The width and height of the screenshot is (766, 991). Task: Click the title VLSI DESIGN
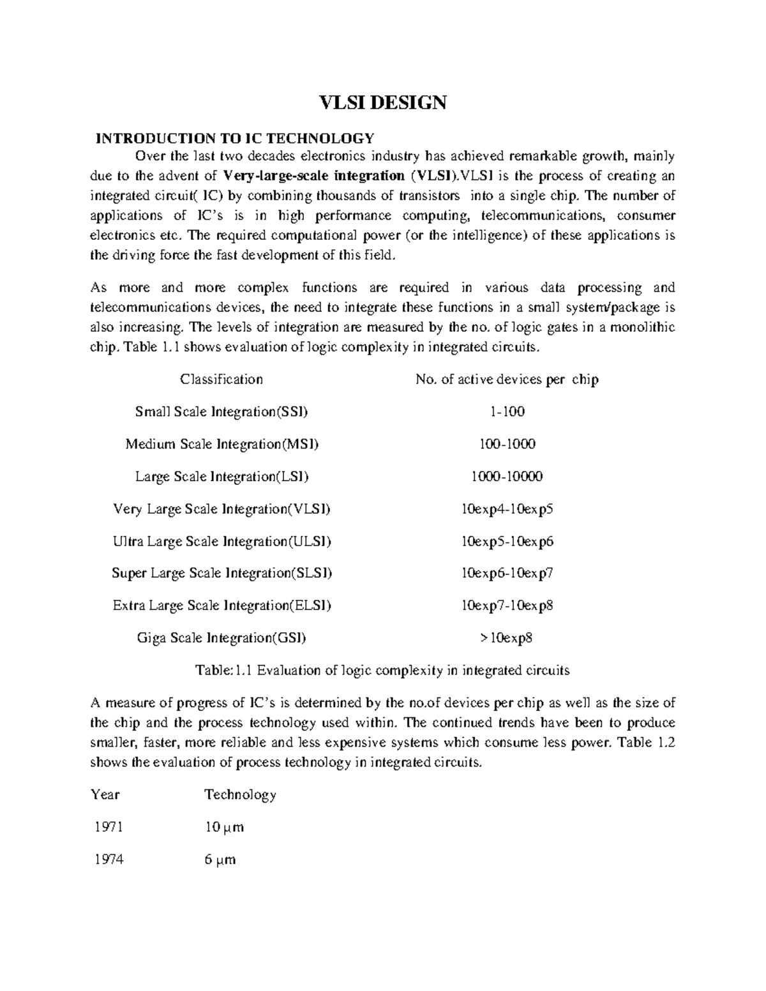tap(382, 103)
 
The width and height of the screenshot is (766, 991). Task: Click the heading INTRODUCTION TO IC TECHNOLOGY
tap(234, 138)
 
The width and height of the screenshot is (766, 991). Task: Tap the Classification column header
tap(222, 380)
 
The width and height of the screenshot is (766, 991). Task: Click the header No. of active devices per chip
tap(507, 380)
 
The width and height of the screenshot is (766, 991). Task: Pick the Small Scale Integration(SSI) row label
tap(222, 412)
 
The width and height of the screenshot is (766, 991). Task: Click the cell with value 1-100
tap(507, 412)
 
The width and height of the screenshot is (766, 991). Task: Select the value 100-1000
tap(507, 444)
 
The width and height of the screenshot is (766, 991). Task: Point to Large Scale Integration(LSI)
tap(222, 477)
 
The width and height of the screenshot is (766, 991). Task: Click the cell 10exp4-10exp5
tap(507, 509)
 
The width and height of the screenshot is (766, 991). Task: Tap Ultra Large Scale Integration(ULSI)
tap(222, 542)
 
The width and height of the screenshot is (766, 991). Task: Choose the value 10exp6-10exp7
tap(507, 574)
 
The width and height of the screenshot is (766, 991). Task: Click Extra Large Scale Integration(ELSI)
tap(222, 606)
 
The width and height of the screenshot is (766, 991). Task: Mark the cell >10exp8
tap(507, 638)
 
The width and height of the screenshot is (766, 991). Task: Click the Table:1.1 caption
tap(382, 671)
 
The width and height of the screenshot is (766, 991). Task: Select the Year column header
tap(105, 795)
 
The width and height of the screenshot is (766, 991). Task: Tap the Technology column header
tap(240, 795)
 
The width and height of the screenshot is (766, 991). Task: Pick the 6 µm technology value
tap(220, 860)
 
